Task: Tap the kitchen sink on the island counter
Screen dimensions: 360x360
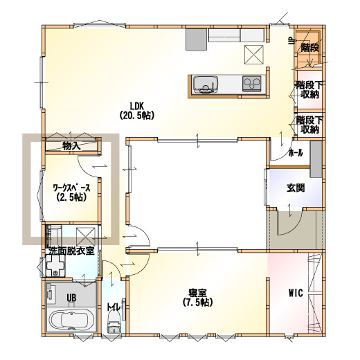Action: click(206, 84)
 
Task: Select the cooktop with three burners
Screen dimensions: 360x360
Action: click(251, 83)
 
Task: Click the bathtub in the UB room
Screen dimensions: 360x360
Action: click(71, 320)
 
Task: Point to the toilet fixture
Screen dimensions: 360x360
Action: click(114, 321)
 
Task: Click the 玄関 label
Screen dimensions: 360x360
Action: click(296, 188)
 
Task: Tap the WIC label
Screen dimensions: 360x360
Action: click(296, 293)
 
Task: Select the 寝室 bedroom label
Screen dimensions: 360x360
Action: click(197, 293)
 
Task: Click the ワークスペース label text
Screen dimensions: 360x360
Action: click(71, 188)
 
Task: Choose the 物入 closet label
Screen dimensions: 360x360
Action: click(71, 146)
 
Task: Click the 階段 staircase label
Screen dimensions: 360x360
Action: click(309, 48)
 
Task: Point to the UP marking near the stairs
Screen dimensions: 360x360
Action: click(291, 41)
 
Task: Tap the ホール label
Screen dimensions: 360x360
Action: click(296, 152)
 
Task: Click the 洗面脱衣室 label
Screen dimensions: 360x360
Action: click(71, 251)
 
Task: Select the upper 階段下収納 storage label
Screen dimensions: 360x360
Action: click(309, 90)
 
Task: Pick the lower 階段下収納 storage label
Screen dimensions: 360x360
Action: click(309, 125)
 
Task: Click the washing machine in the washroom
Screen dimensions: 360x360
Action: click(55, 265)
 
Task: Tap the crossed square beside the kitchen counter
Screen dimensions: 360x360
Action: click(254, 55)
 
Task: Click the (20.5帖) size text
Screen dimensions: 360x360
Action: click(136, 115)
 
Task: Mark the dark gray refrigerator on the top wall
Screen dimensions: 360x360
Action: click(196, 39)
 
